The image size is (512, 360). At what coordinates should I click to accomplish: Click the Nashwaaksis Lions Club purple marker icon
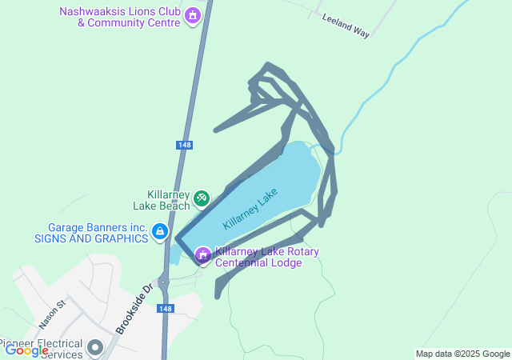pyautogui.click(x=192, y=15)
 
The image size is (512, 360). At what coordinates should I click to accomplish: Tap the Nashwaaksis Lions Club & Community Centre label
pyautogui.click(x=120, y=17)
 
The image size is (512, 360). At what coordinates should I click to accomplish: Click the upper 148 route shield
pyautogui.click(x=184, y=145)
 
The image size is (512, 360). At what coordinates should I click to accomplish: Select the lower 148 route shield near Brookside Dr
pyautogui.click(x=165, y=309)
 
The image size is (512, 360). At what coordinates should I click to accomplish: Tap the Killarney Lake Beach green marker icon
pyautogui.click(x=202, y=197)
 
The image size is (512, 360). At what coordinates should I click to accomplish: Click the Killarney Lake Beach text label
pyautogui.click(x=168, y=200)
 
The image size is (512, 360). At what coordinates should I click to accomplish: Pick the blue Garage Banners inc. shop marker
pyautogui.click(x=160, y=233)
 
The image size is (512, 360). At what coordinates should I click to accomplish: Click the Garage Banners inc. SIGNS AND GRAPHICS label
pyautogui.click(x=91, y=233)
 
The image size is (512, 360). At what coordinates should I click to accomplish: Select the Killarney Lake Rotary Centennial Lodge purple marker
pyautogui.click(x=203, y=255)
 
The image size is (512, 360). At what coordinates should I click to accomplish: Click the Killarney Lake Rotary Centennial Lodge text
pyautogui.click(x=267, y=258)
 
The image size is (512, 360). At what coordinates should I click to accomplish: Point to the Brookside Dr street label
pyautogui.click(x=134, y=309)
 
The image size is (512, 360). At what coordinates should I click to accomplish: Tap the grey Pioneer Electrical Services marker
pyautogui.click(x=96, y=347)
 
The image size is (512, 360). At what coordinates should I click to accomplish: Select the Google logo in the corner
pyautogui.click(x=26, y=350)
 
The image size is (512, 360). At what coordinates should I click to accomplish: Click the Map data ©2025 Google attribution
pyautogui.click(x=462, y=354)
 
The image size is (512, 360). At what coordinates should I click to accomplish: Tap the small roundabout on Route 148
pyautogui.click(x=164, y=282)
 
